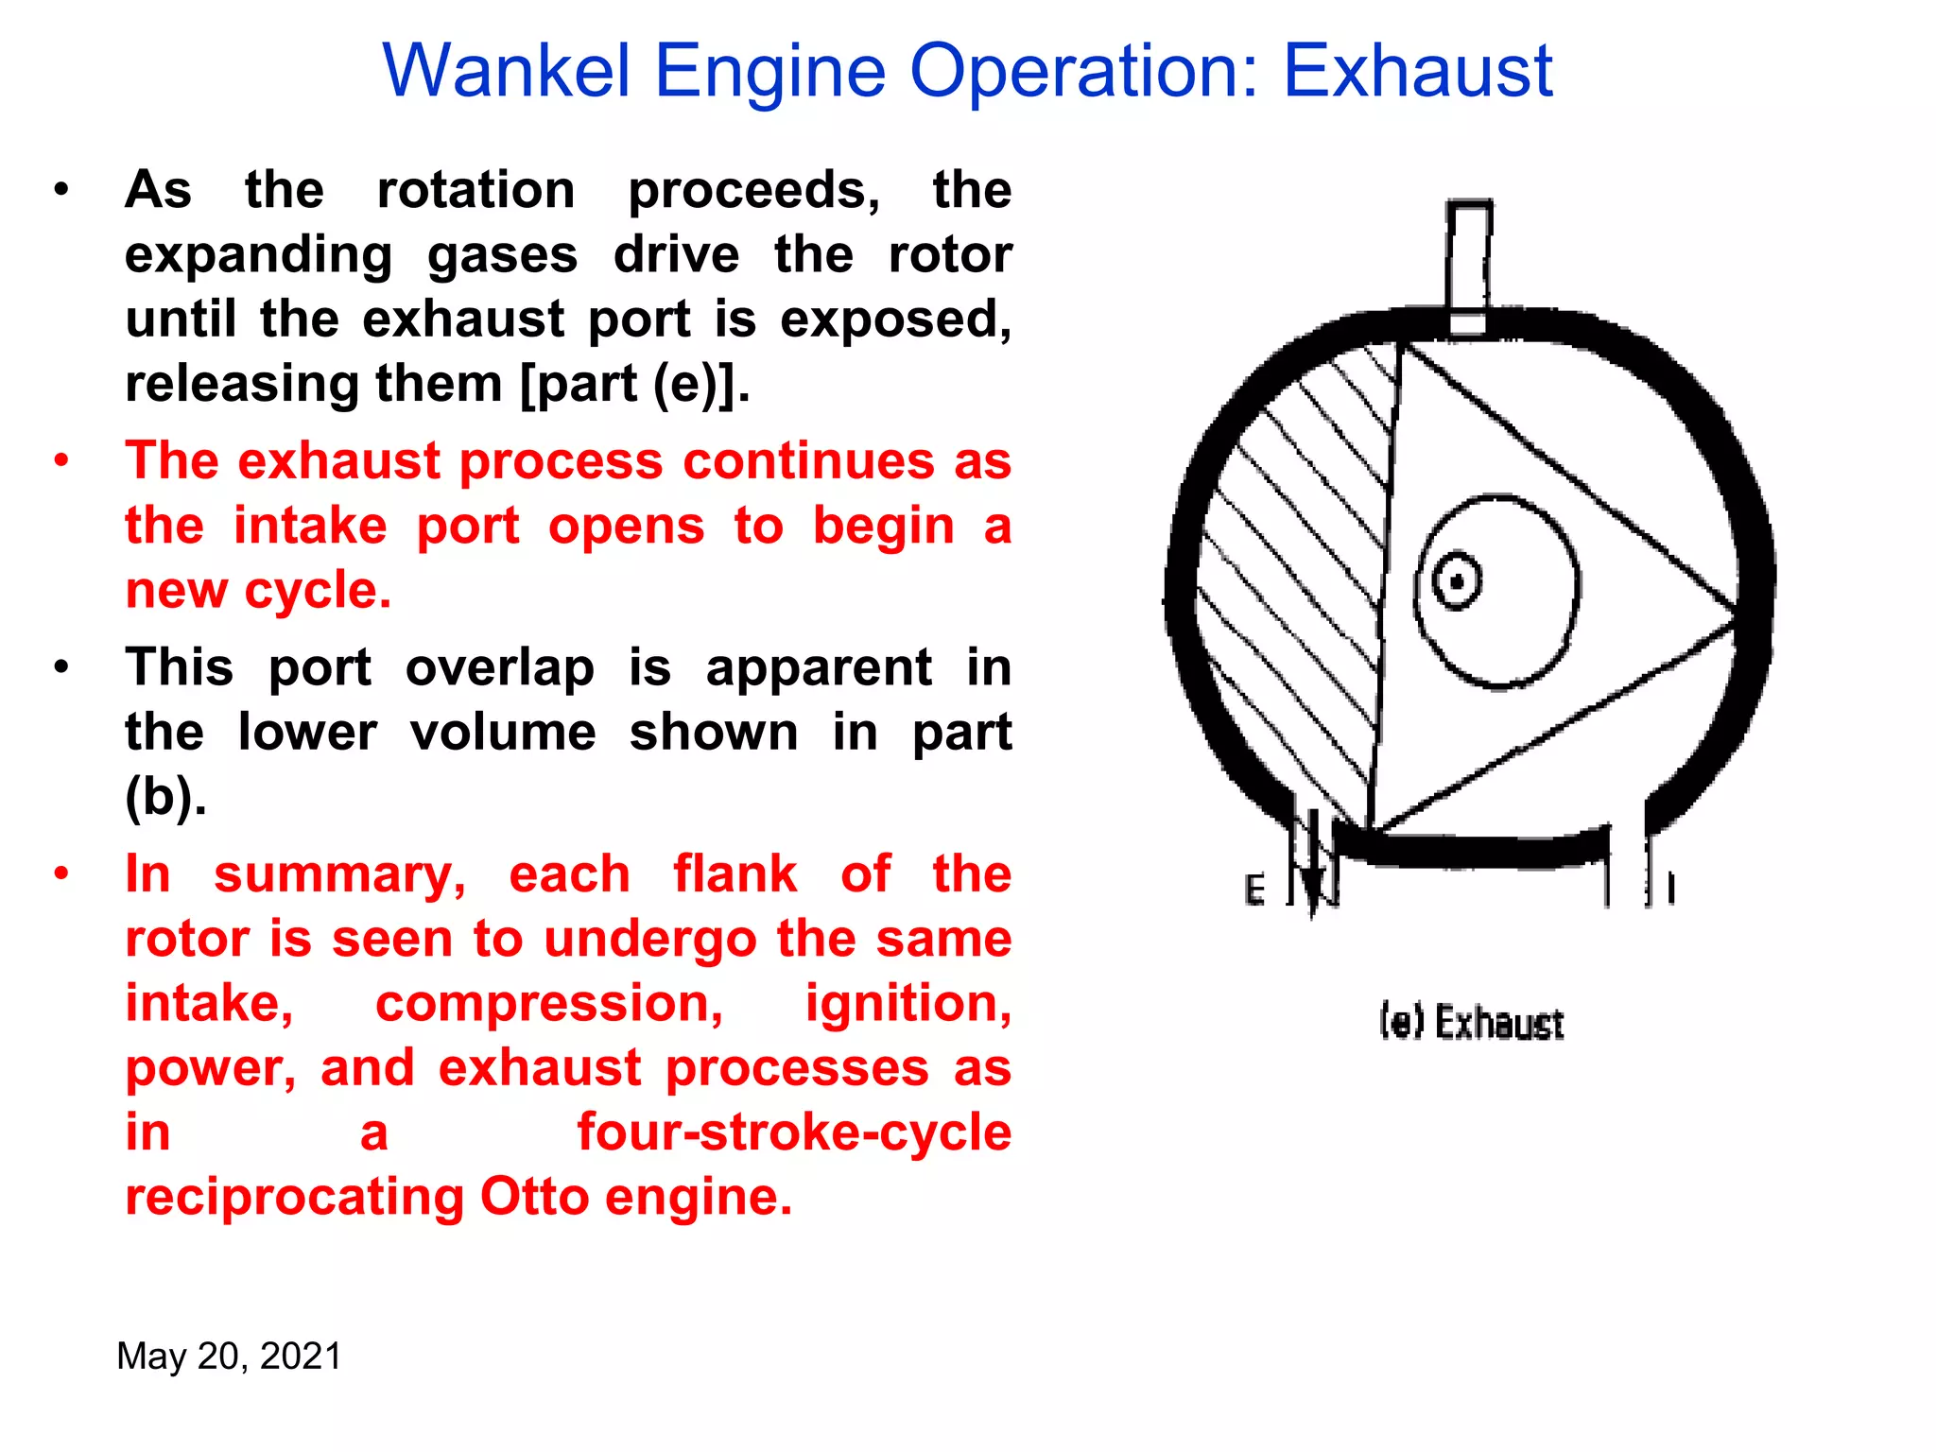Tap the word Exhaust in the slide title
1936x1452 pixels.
tap(1418, 71)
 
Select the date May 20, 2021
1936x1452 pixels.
tap(229, 1356)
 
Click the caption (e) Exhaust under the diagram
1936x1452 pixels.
tap(1471, 1023)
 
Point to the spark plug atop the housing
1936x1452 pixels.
tap(1468, 268)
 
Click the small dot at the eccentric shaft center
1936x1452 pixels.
tap(1457, 580)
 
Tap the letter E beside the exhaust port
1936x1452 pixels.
tap(1254, 890)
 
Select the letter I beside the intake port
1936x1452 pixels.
tap(1671, 889)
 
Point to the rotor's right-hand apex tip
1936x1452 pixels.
tap(1734, 619)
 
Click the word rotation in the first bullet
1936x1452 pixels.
tap(475, 190)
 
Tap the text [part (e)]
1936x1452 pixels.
tap(635, 384)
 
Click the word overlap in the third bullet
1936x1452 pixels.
tap(500, 668)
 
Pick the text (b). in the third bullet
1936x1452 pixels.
tap(165, 797)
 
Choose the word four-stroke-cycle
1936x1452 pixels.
tap(794, 1132)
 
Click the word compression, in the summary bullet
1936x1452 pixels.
tap(549, 1003)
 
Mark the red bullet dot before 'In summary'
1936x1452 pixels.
tap(61, 873)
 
